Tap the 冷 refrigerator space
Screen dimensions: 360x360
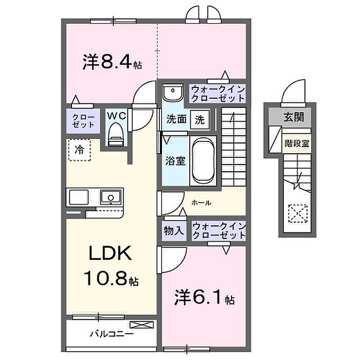[80, 150]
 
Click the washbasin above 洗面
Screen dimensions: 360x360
[174, 93]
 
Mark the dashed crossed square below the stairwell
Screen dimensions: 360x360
[296, 212]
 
